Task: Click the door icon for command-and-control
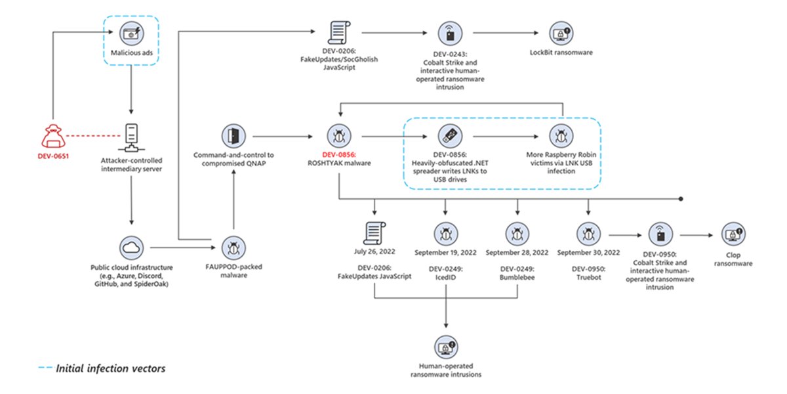point(233,137)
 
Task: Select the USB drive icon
point(445,137)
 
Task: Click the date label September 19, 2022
point(446,252)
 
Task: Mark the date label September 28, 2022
point(517,252)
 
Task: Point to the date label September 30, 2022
point(588,252)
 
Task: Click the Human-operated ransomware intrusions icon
point(446,346)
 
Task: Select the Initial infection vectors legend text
point(110,368)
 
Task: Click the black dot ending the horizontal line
point(682,198)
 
